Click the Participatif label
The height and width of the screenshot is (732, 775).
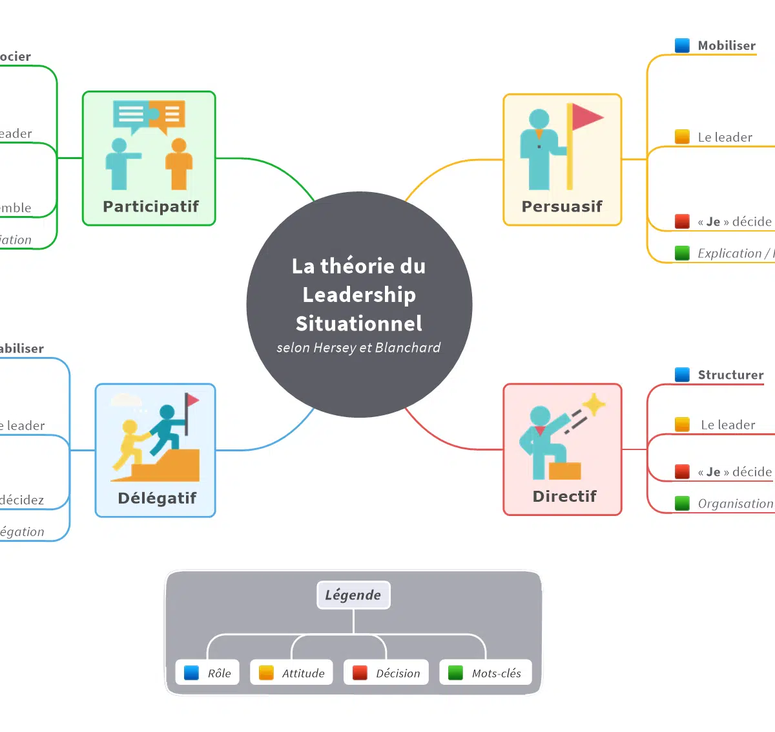[x=150, y=207]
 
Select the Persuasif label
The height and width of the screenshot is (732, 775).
[x=562, y=207]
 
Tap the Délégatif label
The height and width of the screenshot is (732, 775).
[x=157, y=499]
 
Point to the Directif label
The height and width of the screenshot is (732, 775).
[x=564, y=497]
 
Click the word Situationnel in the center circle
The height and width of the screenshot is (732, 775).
[x=359, y=323]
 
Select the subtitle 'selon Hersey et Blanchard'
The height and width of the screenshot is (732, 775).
[x=358, y=348]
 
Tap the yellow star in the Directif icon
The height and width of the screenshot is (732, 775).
[x=594, y=405]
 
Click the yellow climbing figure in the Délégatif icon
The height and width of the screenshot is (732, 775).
[x=129, y=444]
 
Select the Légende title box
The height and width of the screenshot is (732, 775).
[x=353, y=595]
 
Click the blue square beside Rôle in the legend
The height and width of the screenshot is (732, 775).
[x=191, y=673]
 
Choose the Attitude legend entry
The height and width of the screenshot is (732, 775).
[x=292, y=673]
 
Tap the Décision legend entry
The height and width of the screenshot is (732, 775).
[x=387, y=673]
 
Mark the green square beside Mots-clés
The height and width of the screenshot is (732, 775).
[x=455, y=673]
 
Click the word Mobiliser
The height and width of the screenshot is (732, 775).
[x=727, y=46]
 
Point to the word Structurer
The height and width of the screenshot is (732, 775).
[x=730, y=375]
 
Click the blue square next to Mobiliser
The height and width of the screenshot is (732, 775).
[x=682, y=45]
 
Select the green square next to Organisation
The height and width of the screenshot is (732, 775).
[x=682, y=503]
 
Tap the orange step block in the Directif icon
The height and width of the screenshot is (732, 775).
[x=565, y=470]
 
